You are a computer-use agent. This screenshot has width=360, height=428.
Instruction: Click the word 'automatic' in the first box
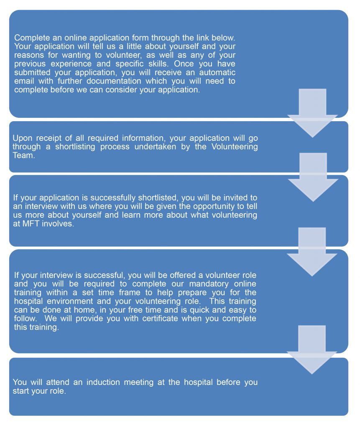(217, 72)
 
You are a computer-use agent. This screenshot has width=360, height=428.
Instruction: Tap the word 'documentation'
(114, 81)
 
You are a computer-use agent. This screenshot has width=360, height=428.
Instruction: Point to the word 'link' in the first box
(203, 38)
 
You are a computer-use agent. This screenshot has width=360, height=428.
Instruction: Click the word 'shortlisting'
(75, 147)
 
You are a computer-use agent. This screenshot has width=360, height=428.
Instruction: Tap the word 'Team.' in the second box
(24, 155)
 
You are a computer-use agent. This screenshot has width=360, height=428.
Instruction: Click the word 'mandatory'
(209, 284)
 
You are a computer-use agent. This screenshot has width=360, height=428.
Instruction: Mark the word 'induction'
(103, 382)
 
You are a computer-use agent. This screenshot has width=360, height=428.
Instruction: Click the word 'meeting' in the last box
(139, 382)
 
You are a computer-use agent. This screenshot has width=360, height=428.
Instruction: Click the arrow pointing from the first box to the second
(312, 113)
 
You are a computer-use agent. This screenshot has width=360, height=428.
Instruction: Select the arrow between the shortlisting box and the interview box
(313, 177)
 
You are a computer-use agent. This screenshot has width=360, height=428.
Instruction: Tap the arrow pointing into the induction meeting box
(312, 350)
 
